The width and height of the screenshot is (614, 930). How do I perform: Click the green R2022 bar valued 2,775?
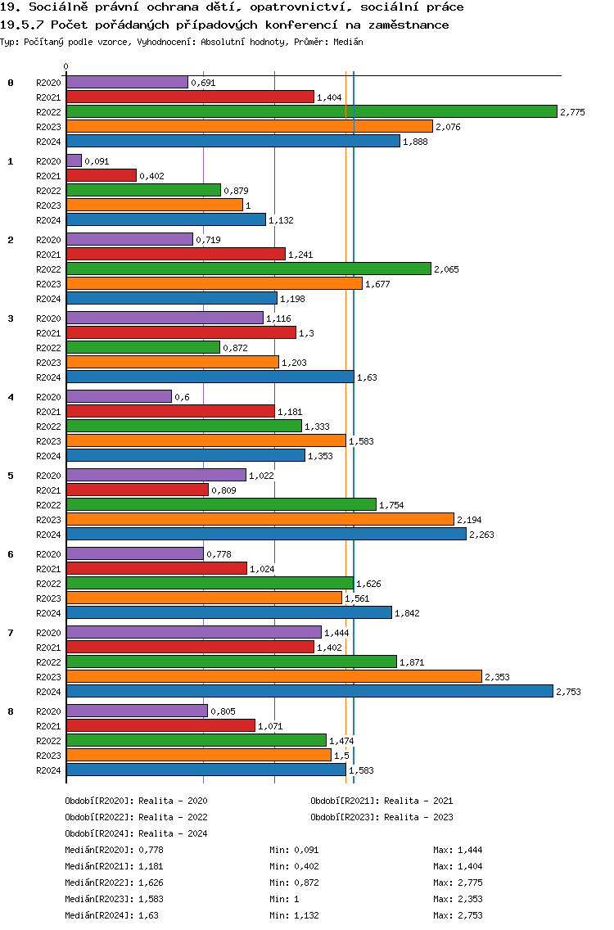click(311, 111)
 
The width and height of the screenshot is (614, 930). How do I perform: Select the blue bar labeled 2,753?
click(309, 691)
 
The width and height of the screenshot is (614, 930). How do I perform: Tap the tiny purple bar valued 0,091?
click(74, 160)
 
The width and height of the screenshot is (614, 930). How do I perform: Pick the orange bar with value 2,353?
click(273, 676)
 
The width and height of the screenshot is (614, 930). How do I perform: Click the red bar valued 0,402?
click(101, 175)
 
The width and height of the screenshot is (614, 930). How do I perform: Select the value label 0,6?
click(181, 397)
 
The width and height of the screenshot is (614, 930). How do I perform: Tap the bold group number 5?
click(11, 476)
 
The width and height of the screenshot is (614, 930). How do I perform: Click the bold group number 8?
click(11, 711)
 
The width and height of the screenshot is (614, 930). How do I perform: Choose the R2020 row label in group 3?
click(48, 318)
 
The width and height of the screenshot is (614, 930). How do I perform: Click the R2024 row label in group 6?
click(48, 613)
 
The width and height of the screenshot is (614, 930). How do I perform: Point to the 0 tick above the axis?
click(66, 67)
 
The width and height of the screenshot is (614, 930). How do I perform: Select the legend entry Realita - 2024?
click(173, 833)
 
